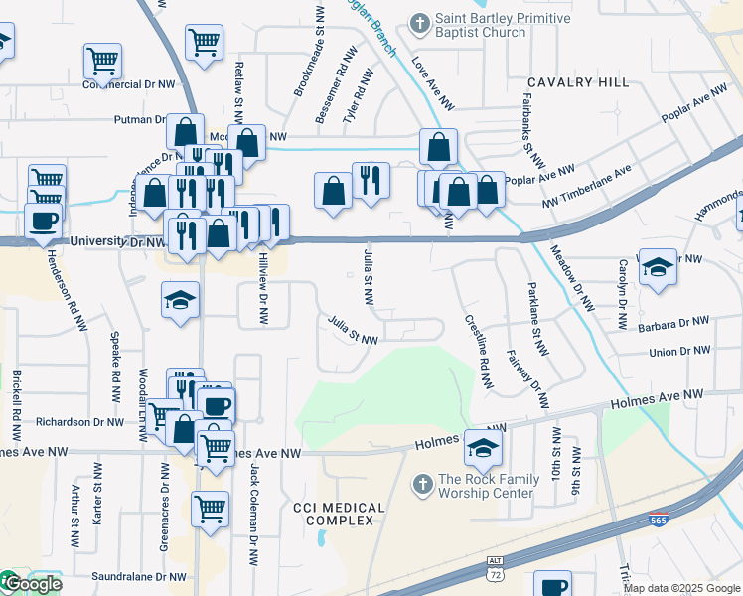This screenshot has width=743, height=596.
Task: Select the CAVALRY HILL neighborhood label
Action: click(x=579, y=82)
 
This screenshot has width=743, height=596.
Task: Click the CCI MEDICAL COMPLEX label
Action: click(x=339, y=514)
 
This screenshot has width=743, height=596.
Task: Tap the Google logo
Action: click(x=31, y=584)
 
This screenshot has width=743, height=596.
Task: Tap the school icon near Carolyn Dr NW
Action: click(x=658, y=267)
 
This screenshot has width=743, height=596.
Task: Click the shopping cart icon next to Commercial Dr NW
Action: click(x=102, y=62)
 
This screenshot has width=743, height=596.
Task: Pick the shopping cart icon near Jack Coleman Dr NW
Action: click(x=210, y=509)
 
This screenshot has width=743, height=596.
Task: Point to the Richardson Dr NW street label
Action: click(x=77, y=422)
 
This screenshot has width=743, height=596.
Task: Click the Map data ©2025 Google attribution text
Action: click(x=681, y=588)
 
